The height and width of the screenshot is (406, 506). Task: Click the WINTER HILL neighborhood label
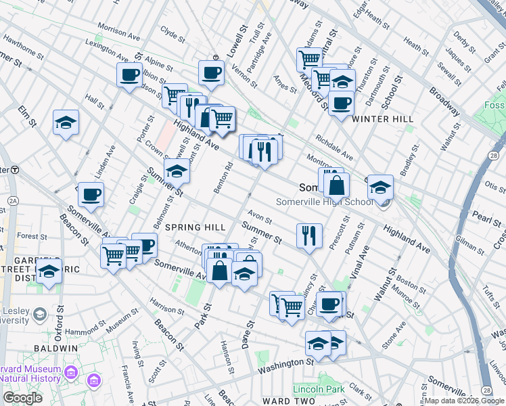[x=382, y=119]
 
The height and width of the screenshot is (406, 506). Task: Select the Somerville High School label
[x=324, y=202]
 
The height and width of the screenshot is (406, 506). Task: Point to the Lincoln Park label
[x=319, y=388]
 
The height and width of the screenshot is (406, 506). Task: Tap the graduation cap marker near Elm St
[x=66, y=122]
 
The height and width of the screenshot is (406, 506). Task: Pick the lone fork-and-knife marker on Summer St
[x=308, y=235]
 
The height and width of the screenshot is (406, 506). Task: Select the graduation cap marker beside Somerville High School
[x=380, y=186]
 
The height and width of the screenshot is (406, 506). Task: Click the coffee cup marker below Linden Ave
[x=91, y=195]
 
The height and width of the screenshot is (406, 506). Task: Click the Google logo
[x=22, y=399]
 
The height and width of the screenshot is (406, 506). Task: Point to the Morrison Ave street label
[x=112, y=31]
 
